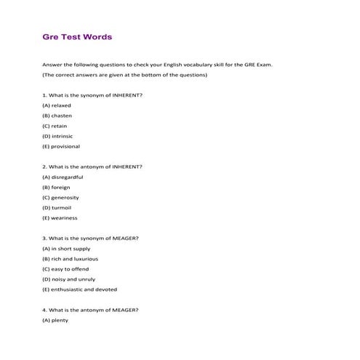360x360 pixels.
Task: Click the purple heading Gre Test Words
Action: pyautogui.click(x=77, y=36)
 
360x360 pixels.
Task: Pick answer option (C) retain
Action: pyautogui.click(x=55, y=126)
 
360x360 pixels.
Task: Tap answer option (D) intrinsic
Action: pyautogui.click(x=57, y=136)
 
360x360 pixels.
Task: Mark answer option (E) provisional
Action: pyautogui.click(x=61, y=146)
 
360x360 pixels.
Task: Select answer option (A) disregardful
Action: pyautogui.click(x=63, y=177)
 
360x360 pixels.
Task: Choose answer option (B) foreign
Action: pyautogui.click(x=56, y=187)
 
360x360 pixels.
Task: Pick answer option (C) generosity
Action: pyautogui.click(x=60, y=197)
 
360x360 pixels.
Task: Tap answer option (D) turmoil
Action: pyautogui.click(x=57, y=207)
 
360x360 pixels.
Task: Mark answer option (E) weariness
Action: pyautogui.click(x=60, y=217)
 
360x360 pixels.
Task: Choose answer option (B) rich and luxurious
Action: pyautogui.click(x=70, y=259)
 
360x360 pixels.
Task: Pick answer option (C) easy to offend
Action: pyautogui.click(x=65, y=269)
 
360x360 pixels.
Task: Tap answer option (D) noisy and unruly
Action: pyautogui.click(x=68, y=279)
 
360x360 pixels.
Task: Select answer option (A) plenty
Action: pyautogui.click(x=55, y=320)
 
